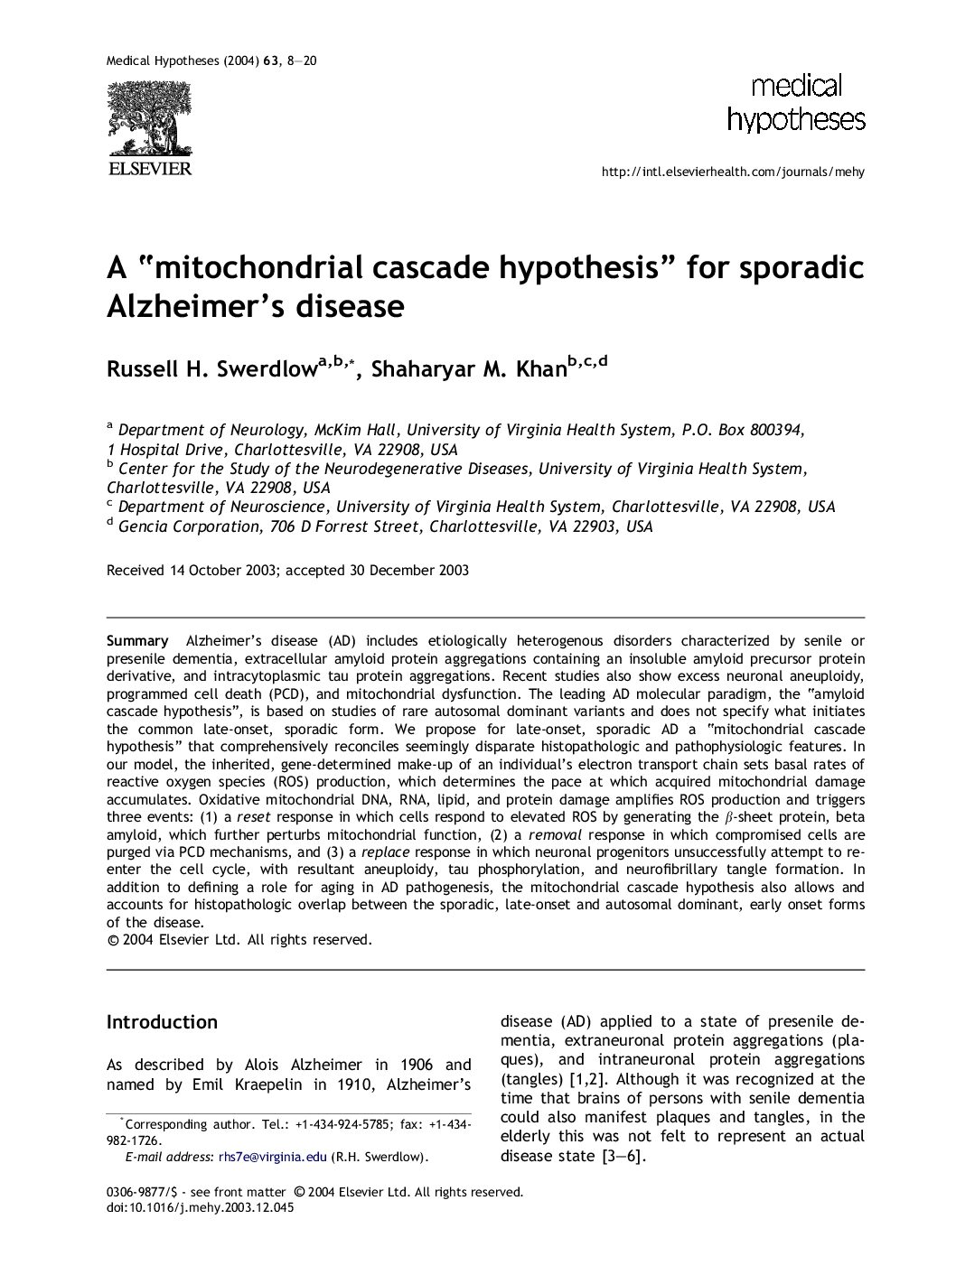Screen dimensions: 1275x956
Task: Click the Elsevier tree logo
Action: [x=149, y=118]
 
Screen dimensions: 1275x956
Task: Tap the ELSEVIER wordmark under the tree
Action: [x=149, y=169]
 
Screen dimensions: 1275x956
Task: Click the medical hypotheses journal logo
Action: [x=795, y=103]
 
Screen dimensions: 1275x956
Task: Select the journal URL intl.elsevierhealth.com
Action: [x=732, y=172]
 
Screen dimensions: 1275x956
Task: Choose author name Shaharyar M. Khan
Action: [x=469, y=369]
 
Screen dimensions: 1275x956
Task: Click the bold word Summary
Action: [x=137, y=641]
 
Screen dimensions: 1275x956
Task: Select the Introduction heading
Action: [x=162, y=1022]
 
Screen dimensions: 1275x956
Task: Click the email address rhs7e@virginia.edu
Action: [x=272, y=1156]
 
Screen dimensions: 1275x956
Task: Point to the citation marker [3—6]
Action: [x=623, y=1156]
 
